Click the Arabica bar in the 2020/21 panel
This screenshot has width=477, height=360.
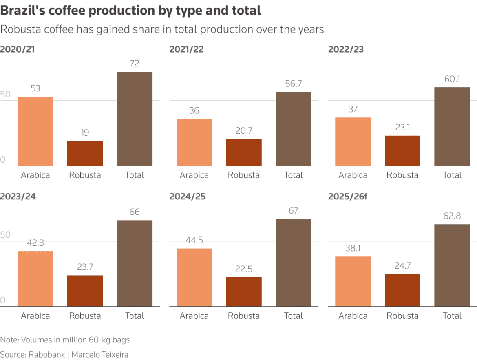click(35, 131)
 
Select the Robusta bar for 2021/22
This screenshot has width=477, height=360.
click(244, 152)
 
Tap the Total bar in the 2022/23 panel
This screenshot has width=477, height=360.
click(452, 126)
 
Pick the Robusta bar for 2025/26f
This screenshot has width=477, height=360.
click(402, 290)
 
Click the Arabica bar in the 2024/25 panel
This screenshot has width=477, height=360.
click(194, 277)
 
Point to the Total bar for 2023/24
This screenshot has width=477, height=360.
click(135, 263)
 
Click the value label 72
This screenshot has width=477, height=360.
click(135, 64)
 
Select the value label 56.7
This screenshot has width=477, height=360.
click(293, 84)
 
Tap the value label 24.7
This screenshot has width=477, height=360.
click(402, 266)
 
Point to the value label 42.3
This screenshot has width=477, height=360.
click(35, 243)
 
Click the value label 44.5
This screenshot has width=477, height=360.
click(194, 240)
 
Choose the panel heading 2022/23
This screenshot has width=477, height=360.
click(346, 50)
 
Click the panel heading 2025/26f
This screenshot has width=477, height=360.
click(348, 197)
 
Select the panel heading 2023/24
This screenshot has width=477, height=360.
click(18, 197)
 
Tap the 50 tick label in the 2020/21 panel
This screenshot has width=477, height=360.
click(5, 95)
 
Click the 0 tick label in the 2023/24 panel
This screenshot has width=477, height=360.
click(3, 300)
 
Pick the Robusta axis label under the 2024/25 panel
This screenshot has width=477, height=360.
click(244, 316)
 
